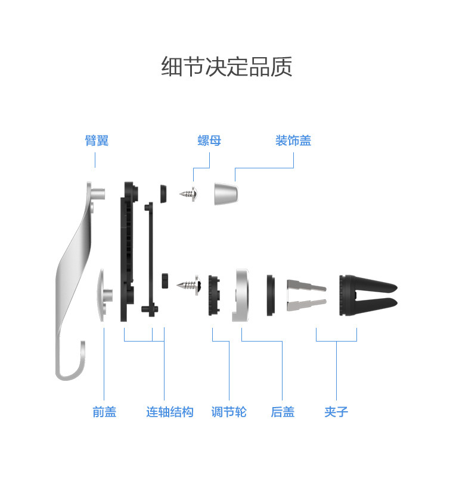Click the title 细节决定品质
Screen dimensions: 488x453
tap(226, 67)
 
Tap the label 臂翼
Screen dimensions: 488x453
tap(96, 141)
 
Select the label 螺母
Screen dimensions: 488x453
tap(209, 141)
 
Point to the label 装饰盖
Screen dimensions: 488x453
tap(293, 141)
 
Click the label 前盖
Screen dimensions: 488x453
tap(104, 412)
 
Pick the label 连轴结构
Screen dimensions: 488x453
tap(170, 412)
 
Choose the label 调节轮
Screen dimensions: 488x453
tap(229, 412)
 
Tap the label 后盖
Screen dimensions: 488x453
tap(283, 412)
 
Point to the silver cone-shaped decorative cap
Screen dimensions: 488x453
tap(226, 193)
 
